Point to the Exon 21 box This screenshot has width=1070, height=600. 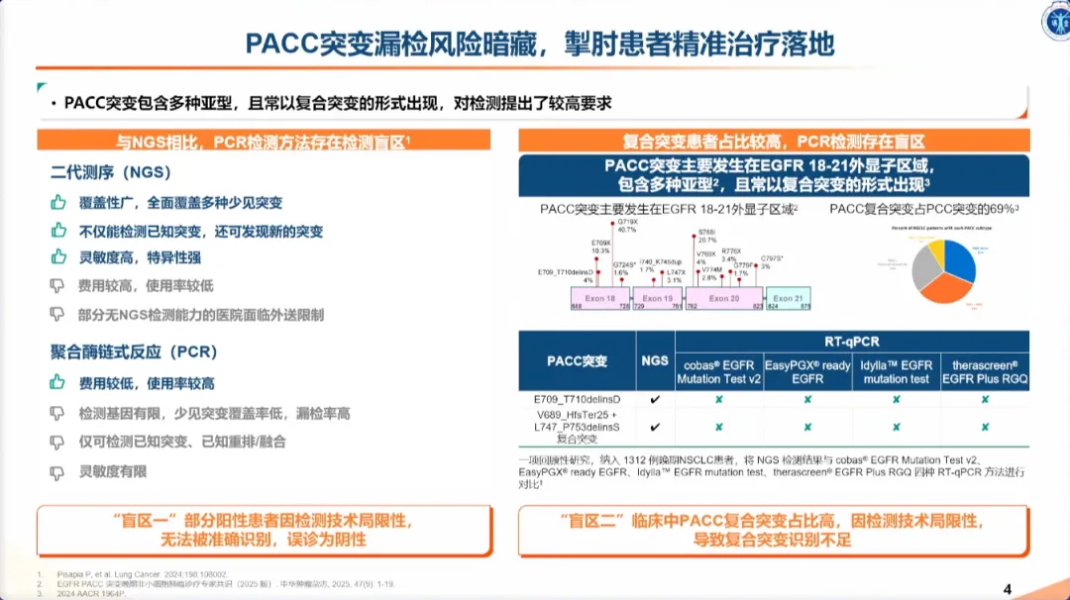[789, 298]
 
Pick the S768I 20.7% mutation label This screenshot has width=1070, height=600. [706, 236]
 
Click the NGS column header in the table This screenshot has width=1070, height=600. [655, 361]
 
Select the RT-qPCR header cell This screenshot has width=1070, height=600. [851, 342]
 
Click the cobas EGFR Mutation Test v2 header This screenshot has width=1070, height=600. [719, 371]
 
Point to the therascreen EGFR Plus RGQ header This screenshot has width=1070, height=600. [985, 371]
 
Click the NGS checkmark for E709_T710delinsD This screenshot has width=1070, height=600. [655, 399]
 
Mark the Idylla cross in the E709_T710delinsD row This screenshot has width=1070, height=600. [896, 399]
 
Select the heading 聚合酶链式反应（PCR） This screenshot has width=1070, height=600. [134, 351]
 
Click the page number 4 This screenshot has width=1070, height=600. [1008, 590]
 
